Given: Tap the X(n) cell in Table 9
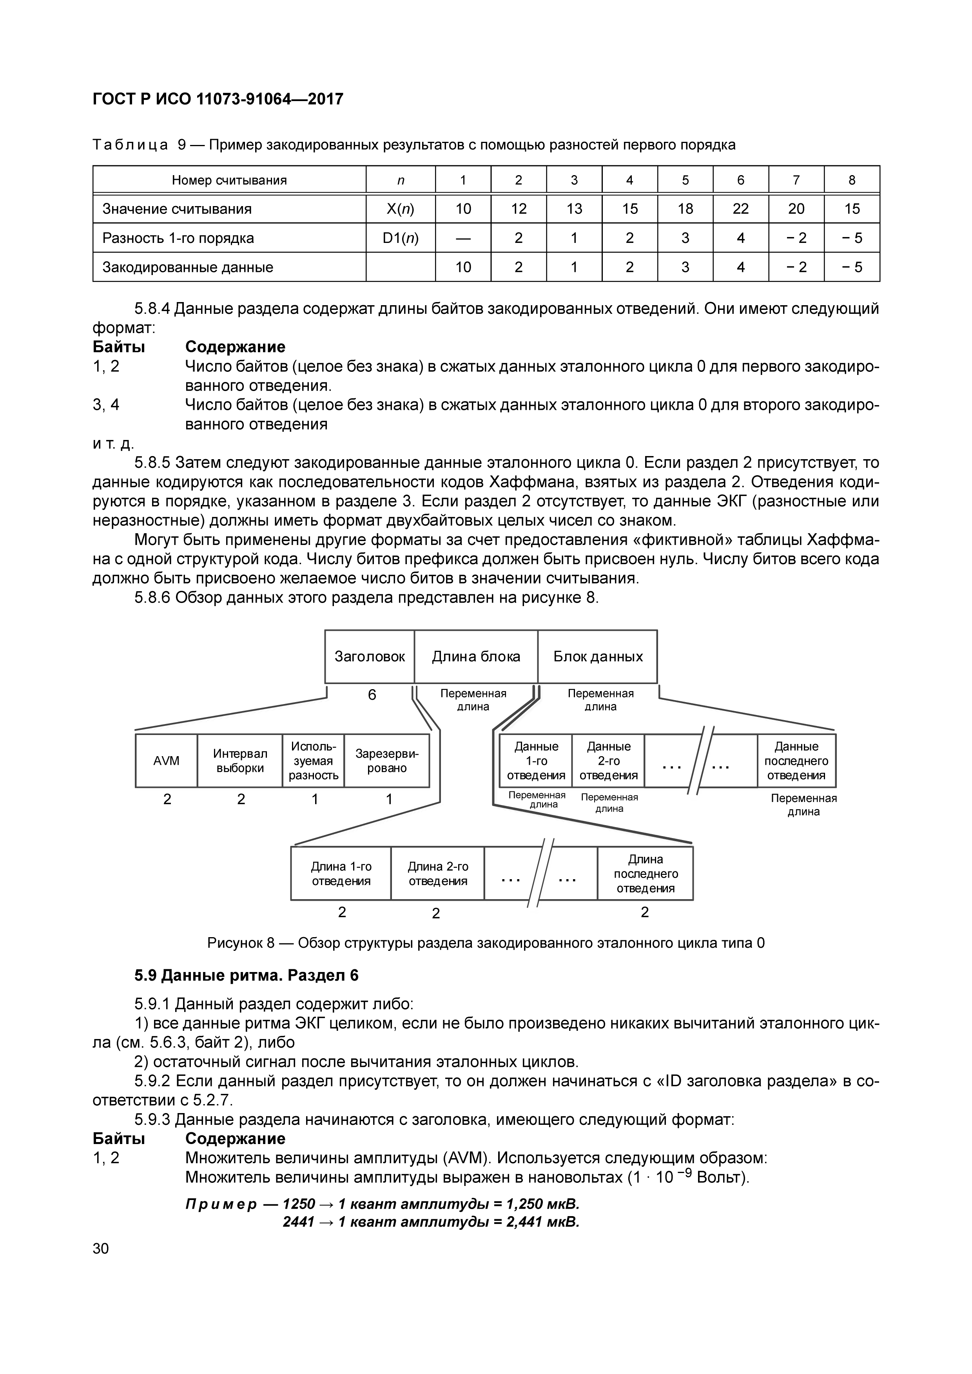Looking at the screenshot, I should point(401,209).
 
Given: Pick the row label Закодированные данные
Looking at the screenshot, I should point(188,267).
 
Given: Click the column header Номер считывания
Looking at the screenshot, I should point(229,180).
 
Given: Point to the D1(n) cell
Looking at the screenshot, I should point(401,238).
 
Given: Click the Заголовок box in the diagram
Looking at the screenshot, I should point(369,657).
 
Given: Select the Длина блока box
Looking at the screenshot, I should point(476,657).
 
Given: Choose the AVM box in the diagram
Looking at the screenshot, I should point(167,760).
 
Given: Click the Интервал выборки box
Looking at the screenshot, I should point(240,760).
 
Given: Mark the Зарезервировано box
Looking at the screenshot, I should point(387,760).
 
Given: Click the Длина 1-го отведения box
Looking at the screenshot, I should point(341,874).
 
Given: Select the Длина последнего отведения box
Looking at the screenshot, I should point(645,874).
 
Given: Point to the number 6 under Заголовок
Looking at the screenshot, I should point(372,695).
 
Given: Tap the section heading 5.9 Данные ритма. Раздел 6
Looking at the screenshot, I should point(246,976).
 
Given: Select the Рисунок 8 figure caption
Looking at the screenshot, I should point(485,943).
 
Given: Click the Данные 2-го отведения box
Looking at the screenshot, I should point(608,760).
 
